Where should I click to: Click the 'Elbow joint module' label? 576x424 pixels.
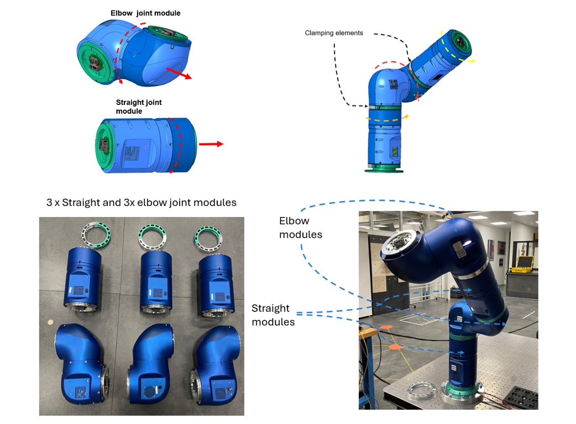coord(145,13)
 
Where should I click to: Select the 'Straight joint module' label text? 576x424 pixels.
coord(139,107)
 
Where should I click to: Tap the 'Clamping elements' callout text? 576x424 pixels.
coord(334,33)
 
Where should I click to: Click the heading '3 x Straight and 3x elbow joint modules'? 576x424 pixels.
coord(142,203)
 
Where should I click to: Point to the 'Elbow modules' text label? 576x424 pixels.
coord(301,227)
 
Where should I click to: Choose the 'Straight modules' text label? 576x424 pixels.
coord(273,315)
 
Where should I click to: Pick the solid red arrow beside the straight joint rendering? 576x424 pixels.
coord(211,144)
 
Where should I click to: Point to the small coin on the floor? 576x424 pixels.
coord(51,321)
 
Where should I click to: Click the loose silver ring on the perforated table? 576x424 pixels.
coord(422,393)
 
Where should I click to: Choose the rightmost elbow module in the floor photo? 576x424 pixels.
coord(215,362)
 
